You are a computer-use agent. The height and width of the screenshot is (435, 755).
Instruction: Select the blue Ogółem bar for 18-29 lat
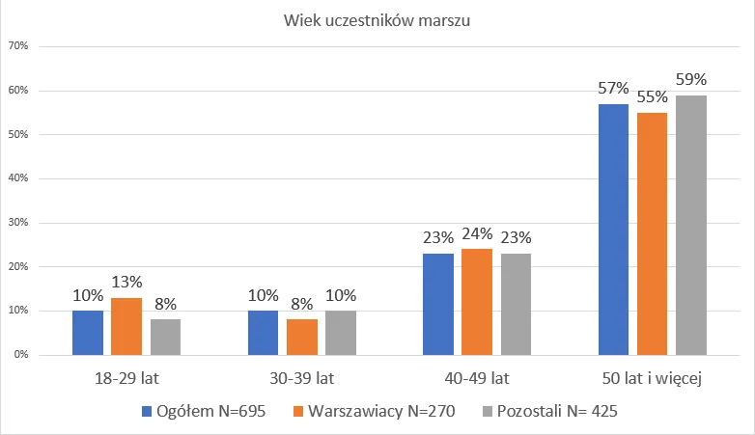pos(88,333)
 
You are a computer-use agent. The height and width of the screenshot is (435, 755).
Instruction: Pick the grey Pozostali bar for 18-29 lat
pos(165,337)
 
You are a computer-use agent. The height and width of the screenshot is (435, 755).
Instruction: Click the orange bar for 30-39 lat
pos(302,337)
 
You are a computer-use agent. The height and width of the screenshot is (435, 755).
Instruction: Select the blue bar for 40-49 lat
pos(438,304)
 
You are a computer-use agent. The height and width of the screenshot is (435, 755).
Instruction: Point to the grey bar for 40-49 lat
pos(516,304)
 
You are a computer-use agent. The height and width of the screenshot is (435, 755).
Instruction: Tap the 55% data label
pos(653,97)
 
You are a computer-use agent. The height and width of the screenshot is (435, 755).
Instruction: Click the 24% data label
pos(477,233)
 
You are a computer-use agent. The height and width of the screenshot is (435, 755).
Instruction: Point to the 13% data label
pos(126,282)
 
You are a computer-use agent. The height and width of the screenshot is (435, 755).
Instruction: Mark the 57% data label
pos(613,89)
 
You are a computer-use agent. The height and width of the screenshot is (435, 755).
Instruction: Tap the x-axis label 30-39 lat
pos(302,378)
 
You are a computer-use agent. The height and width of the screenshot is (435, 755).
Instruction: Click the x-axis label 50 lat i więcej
pos(653,378)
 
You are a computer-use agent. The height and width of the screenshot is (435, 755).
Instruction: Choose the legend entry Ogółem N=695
pos(210,411)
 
